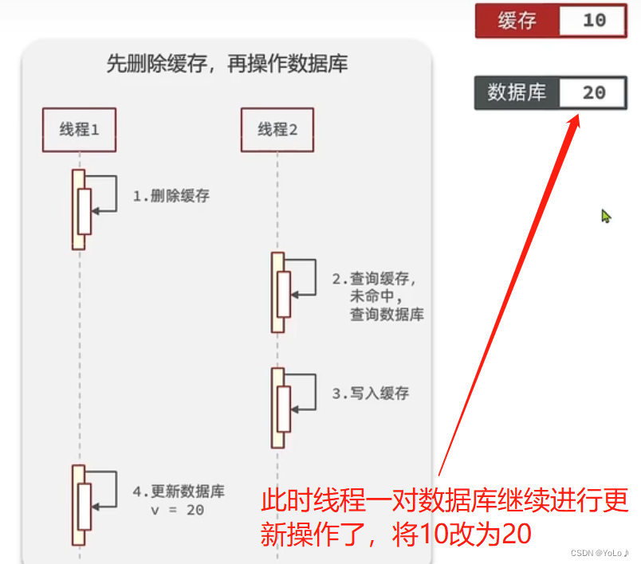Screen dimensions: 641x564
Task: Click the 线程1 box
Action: [x=79, y=129]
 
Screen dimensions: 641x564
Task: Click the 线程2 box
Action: [x=277, y=129]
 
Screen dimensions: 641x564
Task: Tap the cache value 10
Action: [x=595, y=21]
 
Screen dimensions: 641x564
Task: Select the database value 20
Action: [x=594, y=92]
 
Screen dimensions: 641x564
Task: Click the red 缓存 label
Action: [x=517, y=21]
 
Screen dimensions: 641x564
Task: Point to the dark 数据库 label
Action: [x=517, y=92]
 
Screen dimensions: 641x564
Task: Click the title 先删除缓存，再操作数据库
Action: [x=227, y=65]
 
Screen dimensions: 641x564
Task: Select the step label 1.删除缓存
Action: [x=171, y=195]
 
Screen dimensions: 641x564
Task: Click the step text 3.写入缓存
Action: [x=371, y=394]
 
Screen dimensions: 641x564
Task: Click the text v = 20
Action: [x=177, y=510]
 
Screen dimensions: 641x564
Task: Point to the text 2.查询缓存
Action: [x=375, y=279]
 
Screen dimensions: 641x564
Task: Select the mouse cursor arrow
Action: [x=606, y=216]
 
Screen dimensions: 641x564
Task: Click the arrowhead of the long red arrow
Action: [x=576, y=119]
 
